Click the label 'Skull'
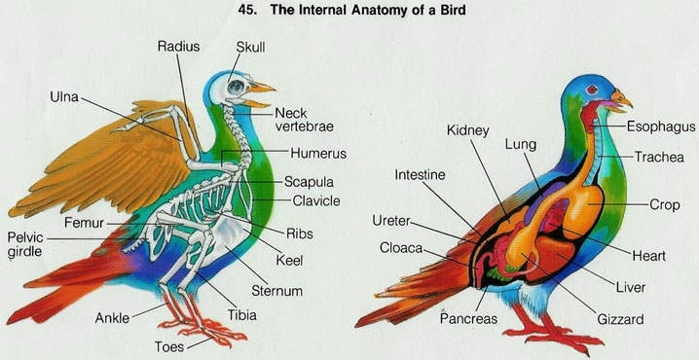[x=250, y=48]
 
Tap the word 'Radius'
[x=178, y=47]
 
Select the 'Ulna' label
[x=64, y=96]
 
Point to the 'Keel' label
[x=289, y=260]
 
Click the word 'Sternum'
[x=276, y=291]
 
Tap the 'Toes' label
[x=169, y=346]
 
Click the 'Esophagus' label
[x=661, y=127]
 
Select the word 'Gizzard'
[x=620, y=319]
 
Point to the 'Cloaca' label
[x=401, y=248]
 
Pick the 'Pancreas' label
[x=468, y=318]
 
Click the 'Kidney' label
[x=467, y=130]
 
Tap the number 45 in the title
[x=246, y=10]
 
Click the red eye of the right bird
[x=592, y=90]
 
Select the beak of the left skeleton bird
[x=260, y=95]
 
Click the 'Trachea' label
[x=659, y=157]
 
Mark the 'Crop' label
[x=665, y=205]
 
